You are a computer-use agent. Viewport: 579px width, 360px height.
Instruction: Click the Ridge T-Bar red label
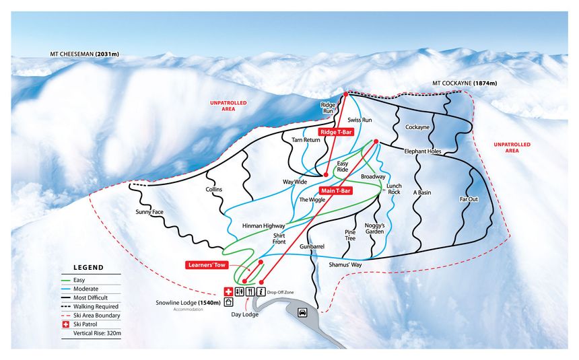click(336, 133)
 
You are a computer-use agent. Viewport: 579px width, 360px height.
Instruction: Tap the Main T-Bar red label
click(335, 190)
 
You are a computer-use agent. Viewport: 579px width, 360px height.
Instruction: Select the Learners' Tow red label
click(206, 264)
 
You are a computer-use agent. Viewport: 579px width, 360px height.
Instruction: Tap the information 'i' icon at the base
click(261, 292)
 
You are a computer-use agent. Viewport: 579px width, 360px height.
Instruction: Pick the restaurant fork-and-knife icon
click(250, 292)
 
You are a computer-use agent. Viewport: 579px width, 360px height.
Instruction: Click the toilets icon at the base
click(240, 292)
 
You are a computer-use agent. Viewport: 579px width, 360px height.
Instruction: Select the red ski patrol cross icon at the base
click(228, 292)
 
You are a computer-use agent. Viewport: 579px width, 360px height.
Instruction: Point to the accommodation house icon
click(228, 303)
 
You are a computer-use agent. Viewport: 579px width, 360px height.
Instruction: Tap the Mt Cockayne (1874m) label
click(464, 83)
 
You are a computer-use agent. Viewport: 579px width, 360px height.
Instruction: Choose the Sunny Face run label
click(149, 212)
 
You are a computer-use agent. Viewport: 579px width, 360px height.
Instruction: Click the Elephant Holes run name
click(422, 151)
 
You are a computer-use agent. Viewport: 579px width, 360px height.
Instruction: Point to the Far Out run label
click(469, 200)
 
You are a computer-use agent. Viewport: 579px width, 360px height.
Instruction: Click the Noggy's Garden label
click(374, 228)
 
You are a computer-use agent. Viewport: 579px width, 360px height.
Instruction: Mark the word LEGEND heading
click(88, 267)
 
